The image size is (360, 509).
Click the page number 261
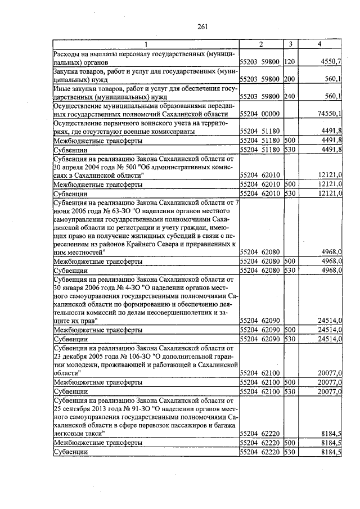pyautogui.click(x=203, y=25)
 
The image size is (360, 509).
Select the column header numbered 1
pyautogui.click(x=146, y=44)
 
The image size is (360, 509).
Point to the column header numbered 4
pyautogui.click(x=319, y=44)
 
